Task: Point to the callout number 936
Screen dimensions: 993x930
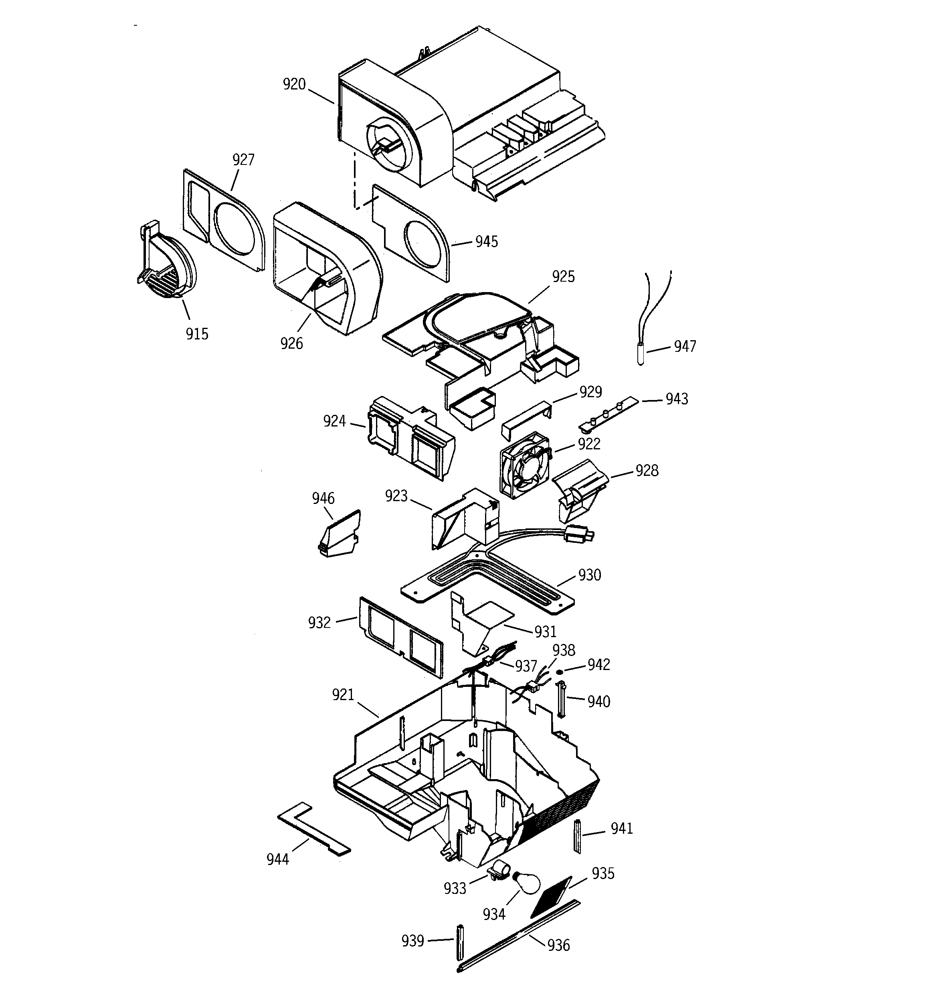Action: tap(558, 945)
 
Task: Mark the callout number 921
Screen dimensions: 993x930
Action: tap(343, 695)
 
